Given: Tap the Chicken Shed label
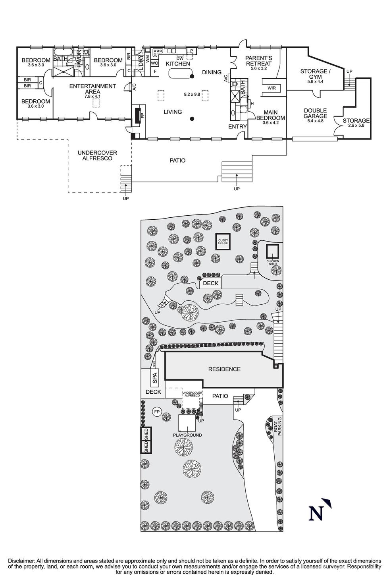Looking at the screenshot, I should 273,263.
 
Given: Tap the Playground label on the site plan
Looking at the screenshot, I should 187,435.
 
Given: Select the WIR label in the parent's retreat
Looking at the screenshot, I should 272,88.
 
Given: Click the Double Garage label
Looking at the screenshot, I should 316,113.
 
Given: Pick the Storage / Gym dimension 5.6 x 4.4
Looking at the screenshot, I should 315,81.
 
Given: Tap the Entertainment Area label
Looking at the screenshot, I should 92,89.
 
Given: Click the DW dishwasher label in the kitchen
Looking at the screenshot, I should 180,58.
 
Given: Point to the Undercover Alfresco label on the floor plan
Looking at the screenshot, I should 97,155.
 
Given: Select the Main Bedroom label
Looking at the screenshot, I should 271,115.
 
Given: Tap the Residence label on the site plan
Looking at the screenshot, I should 224,369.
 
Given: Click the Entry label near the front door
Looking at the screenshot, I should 237,126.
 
